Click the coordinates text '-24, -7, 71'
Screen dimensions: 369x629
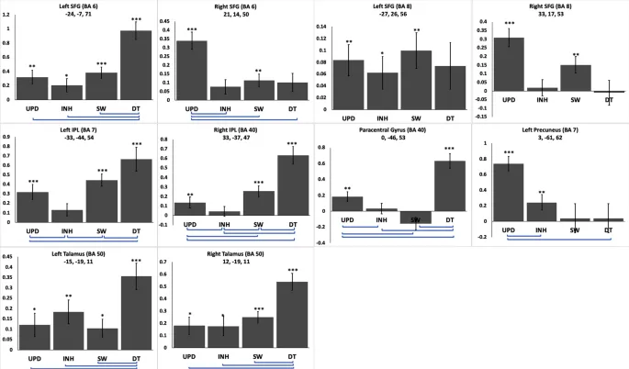tap(77, 14)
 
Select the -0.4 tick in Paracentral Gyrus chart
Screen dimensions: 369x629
tap(322, 243)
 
